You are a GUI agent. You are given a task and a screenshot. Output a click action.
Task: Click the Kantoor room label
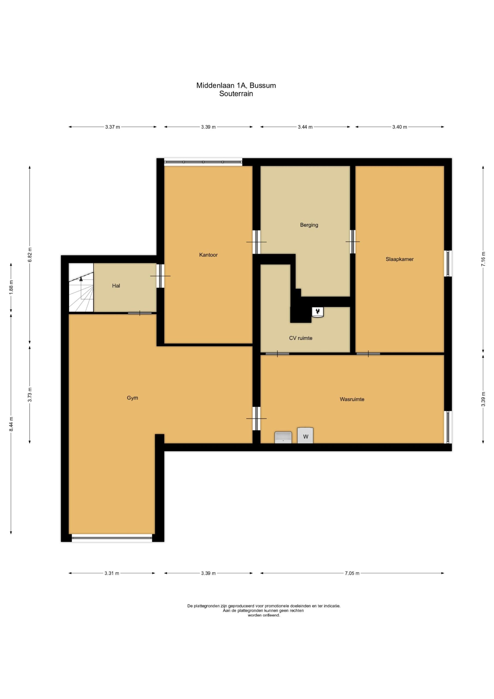coord(208,255)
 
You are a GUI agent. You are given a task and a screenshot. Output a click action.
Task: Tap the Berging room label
coord(309,225)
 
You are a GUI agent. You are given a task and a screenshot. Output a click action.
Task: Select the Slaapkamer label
coord(399,259)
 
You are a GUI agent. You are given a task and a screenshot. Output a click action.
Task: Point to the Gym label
coord(132,398)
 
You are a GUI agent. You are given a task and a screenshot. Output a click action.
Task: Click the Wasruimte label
coord(352,399)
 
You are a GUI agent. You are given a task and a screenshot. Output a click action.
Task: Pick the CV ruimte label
coord(300,338)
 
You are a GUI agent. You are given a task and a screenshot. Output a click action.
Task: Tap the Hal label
coord(116,286)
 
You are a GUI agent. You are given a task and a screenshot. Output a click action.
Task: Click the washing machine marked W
coord(305,435)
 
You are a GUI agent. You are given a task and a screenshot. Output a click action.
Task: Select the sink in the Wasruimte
coord(283,437)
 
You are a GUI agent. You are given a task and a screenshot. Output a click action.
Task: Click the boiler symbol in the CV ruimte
coord(318,312)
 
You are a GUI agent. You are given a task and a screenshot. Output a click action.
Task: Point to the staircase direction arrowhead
coord(81,278)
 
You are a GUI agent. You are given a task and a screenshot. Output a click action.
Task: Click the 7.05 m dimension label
coord(352,573)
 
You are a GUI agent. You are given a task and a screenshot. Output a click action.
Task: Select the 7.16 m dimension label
coord(483,259)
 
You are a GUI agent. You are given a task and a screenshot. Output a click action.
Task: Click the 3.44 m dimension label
coord(305,127)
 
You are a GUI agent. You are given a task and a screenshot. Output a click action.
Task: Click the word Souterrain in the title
coord(236,94)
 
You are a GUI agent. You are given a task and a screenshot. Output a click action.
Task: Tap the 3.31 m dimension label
coord(112,573)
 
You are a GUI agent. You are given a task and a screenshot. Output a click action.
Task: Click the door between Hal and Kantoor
coord(160,276)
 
